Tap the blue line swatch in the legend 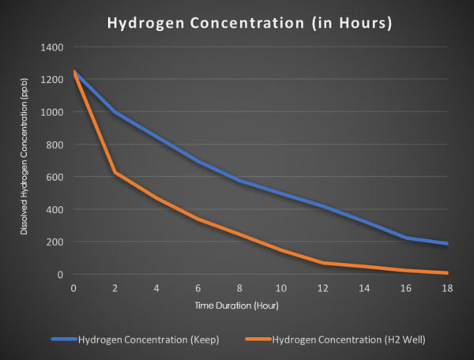click(x=63, y=340)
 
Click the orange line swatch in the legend click(x=257, y=340)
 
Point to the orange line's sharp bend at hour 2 click(x=116, y=172)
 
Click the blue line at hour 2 click(x=116, y=112)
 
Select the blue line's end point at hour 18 click(x=448, y=243)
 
